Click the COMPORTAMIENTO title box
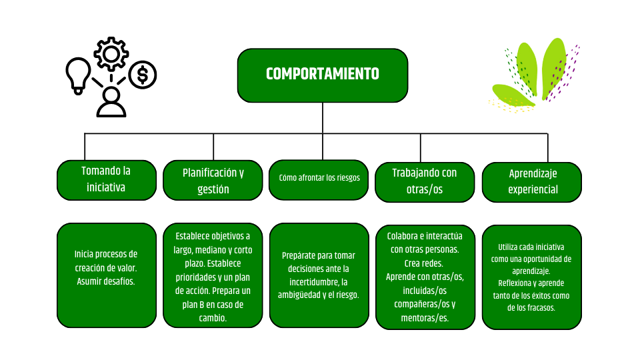click(323, 75)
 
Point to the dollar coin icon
click(142, 75)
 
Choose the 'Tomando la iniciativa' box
click(106, 179)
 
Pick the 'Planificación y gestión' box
click(213, 180)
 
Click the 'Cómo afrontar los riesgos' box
click(319, 179)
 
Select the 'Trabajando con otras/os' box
click(425, 181)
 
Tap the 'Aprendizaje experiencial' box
click(532, 181)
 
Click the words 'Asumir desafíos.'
click(106, 281)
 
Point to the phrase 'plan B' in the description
click(190, 305)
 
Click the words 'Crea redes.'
click(425, 263)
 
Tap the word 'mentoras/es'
click(425, 318)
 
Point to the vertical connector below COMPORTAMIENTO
click(323, 118)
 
